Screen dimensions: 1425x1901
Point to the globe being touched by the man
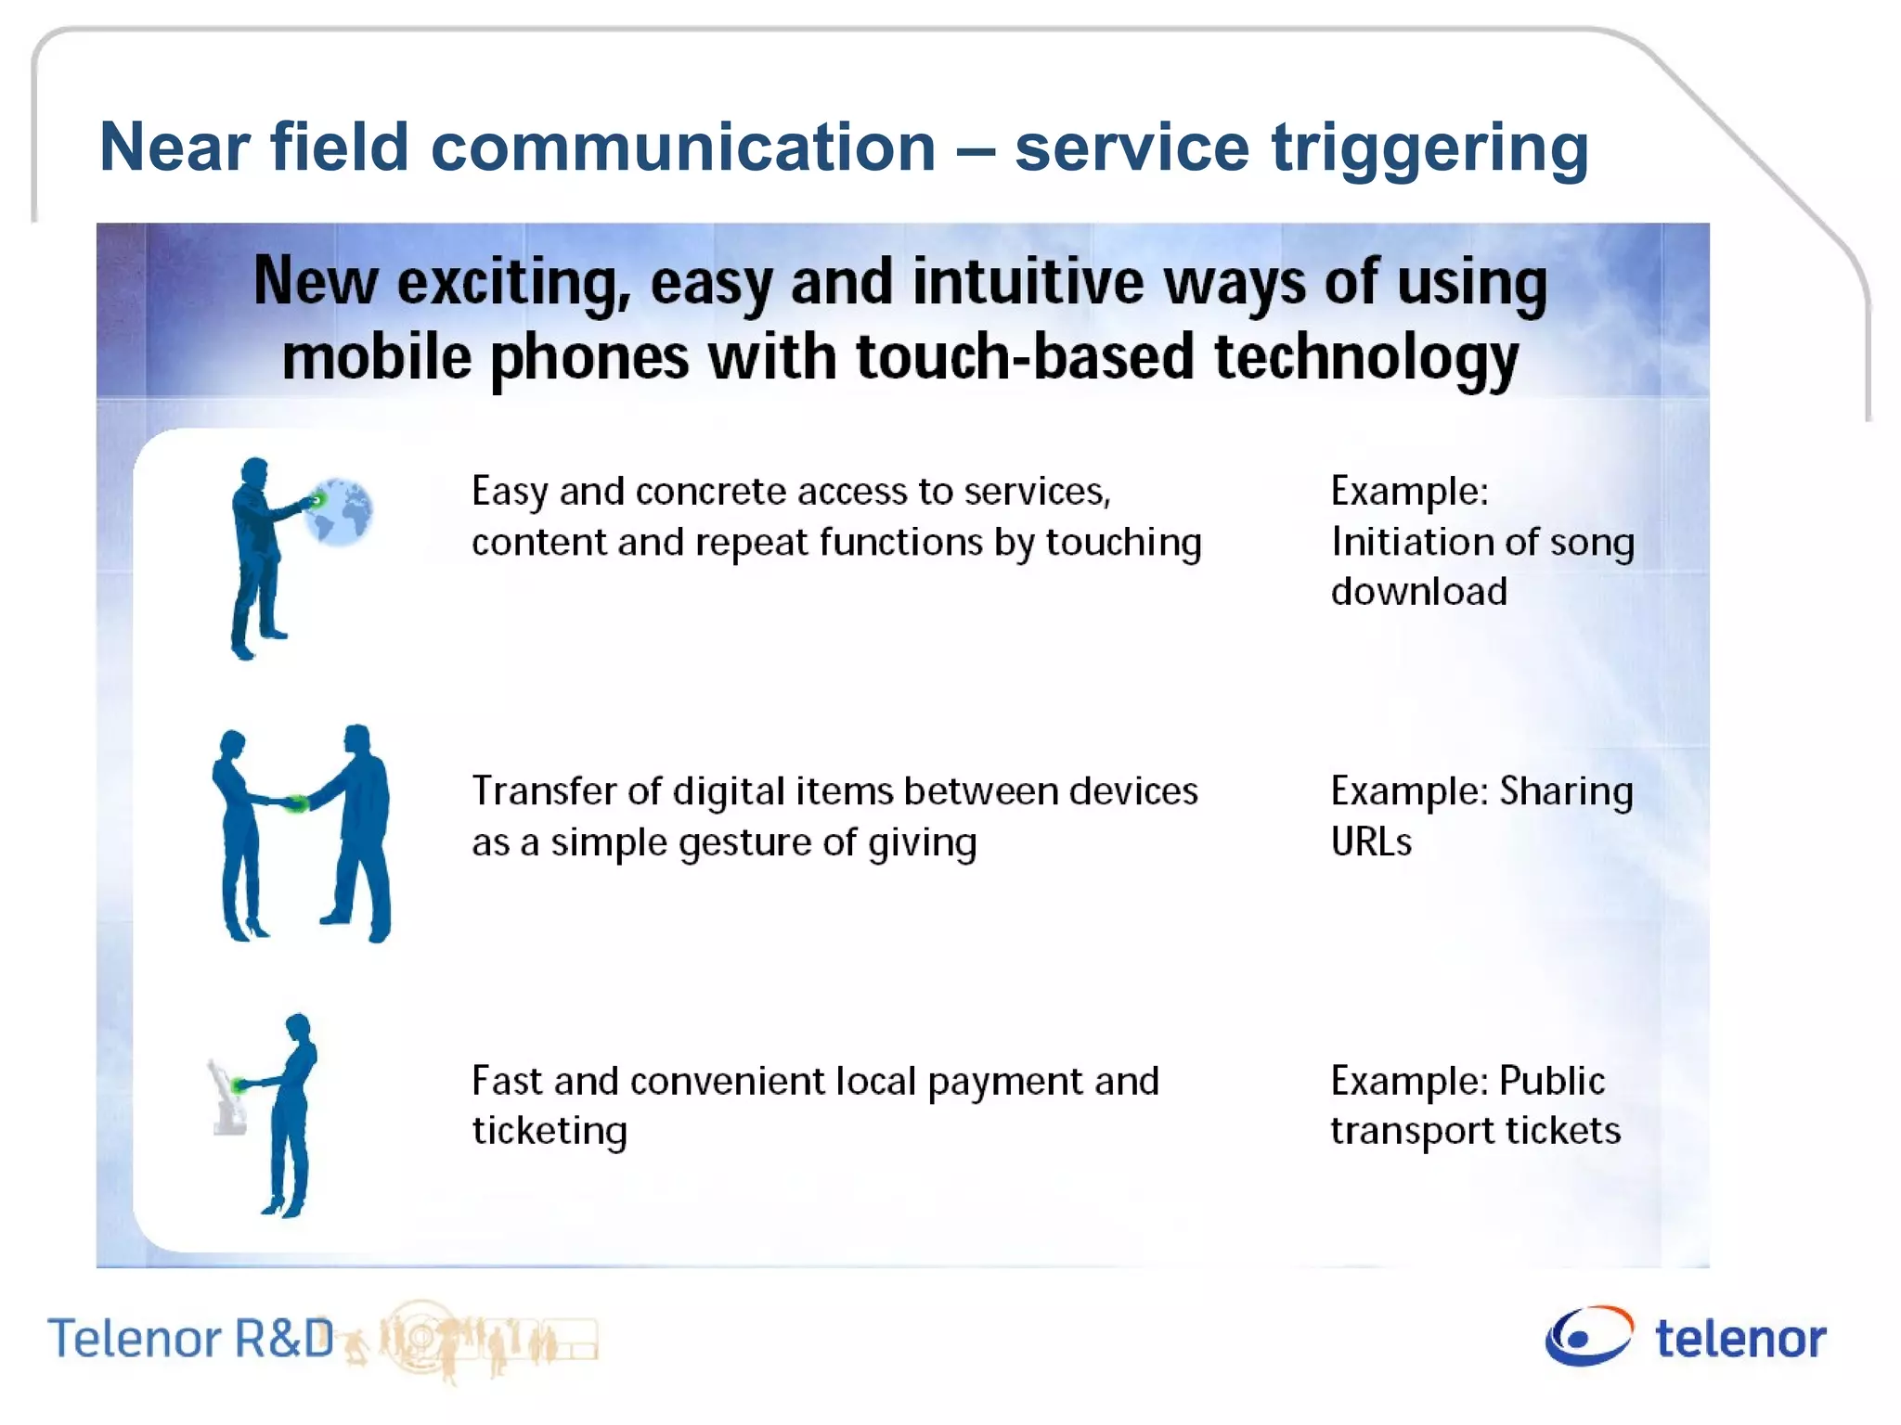[342, 512]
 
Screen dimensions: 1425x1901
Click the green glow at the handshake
[296, 803]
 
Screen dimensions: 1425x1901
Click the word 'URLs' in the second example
[1371, 842]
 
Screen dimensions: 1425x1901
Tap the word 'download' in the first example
[1418, 592]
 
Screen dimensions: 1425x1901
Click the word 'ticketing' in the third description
[550, 1132]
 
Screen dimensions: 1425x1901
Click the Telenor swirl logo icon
[1588, 1336]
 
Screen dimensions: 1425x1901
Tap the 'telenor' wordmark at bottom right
[1740, 1339]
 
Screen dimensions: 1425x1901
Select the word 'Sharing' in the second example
[1566, 791]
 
